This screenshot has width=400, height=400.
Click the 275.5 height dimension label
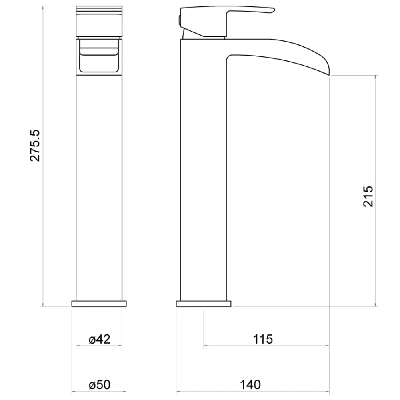(35, 145)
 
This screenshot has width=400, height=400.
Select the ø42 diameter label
(99, 339)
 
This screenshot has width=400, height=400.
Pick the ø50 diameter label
(99, 384)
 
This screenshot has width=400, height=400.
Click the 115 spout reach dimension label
(263, 339)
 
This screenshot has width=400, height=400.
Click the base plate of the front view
(99, 304)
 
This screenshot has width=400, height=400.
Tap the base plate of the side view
(204, 304)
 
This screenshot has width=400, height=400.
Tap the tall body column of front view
(99, 180)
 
